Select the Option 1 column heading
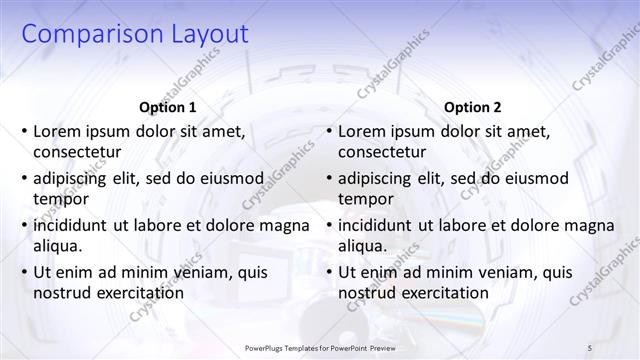tap(166, 107)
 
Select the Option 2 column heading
tap(473, 107)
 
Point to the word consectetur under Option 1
tap(77, 152)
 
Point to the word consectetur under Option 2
tap(382, 152)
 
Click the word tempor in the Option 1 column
tap(61, 199)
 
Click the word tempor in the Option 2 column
tap(366, 199)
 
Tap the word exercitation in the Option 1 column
tap(139, 293)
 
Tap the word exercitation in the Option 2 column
tap(444, 293)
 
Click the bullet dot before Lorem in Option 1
tap(23, 131)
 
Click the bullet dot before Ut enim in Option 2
tap(328, 272)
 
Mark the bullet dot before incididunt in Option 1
tap(23, 225)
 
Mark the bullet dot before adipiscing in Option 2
tap(328, 178)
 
